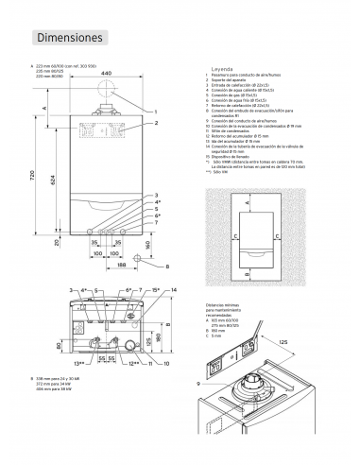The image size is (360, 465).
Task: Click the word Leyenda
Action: [218, 71]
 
